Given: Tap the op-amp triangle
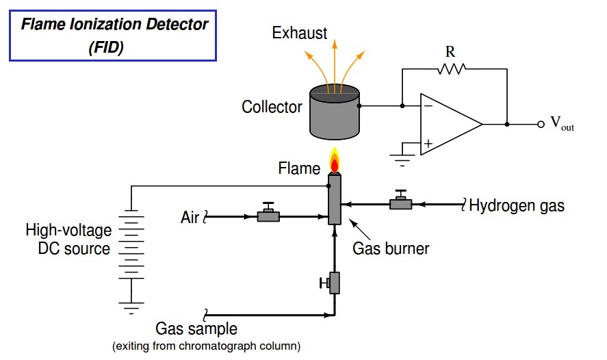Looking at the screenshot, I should pyautogui.click(x=449, y=125).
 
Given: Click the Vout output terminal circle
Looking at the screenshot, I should pyautogui.click(x=541, y=125).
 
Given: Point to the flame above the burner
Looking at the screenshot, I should pyautogui.click(x=335, y=162).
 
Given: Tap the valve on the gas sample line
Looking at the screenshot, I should pyautogui.click(x=333, y=281).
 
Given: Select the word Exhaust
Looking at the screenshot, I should pyautogui.click(x=299, y=33).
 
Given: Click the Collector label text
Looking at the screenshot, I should pyautogui.click(x=272, y=107).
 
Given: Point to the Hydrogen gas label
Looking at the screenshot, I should pyautogui.click(x=517, y=205).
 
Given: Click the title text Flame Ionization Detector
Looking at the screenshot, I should pyautogui.click(x=114, y=24).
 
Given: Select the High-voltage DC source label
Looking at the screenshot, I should pyautogui.click(x=67, y=239).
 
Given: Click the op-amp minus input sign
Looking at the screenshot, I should pyautogui.click(x=428, y=106).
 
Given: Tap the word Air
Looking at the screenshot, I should pyautogui.click(x=190, y=218).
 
